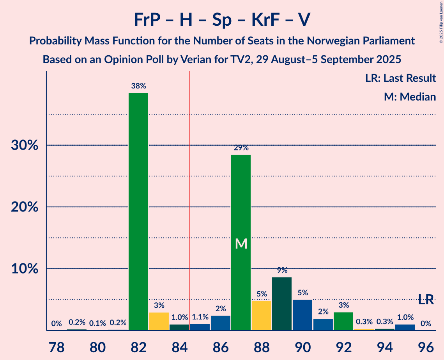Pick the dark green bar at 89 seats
tap(282, 304)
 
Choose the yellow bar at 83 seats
tap(159, 321)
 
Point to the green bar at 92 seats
tap(343, 321)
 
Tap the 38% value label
tap(138, 86)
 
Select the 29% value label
tap(241, 148)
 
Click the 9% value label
tap(282, 270)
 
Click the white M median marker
tap(241, 244)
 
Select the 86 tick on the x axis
tap(221, 346)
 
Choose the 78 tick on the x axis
tap(57, 346)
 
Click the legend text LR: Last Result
tap(400, 78)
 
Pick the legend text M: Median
tap(410, 97)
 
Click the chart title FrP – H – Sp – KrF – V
tap(222, 19)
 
